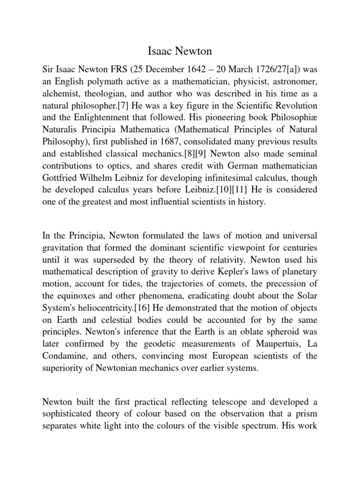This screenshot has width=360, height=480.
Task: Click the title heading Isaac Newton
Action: click(x=180, y=50)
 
